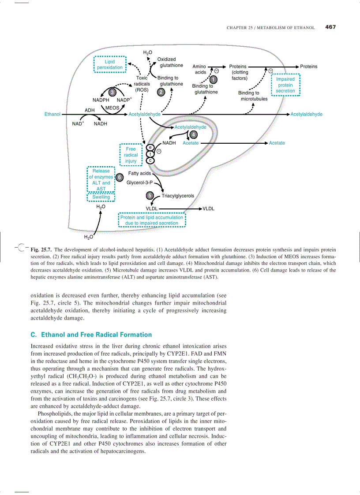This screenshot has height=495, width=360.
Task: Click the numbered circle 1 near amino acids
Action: (x=213, y=79)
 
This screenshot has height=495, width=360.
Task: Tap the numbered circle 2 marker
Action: (x=161, y=92)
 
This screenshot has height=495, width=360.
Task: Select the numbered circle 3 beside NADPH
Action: (x=112, y=92)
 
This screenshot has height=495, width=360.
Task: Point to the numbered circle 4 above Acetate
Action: (x=193, y=134)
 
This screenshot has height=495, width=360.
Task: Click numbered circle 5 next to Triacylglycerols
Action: (x=150, y=196)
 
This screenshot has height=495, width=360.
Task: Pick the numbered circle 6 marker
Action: (x=119, y=177)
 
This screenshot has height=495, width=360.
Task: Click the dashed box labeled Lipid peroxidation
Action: (x=110, y=65)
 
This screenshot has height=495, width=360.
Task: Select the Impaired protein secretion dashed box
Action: (x=285, y=85)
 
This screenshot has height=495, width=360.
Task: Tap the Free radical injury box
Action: (x=131, y=155)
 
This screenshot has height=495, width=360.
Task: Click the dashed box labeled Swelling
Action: (x=101, y=197)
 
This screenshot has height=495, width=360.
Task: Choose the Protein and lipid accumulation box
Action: (x=152, y=220)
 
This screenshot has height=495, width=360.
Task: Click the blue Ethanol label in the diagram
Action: (x=52, y=114)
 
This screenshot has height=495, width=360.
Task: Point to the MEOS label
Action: (x=112, y=108)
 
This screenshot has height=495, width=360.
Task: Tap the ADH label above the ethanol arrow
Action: (x=90, y=110)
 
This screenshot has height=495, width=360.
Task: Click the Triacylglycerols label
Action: (x=178, y=196)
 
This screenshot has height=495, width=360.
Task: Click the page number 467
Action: (x=330, y=27)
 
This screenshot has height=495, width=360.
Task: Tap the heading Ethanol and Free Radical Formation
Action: (x=91, y=335)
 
